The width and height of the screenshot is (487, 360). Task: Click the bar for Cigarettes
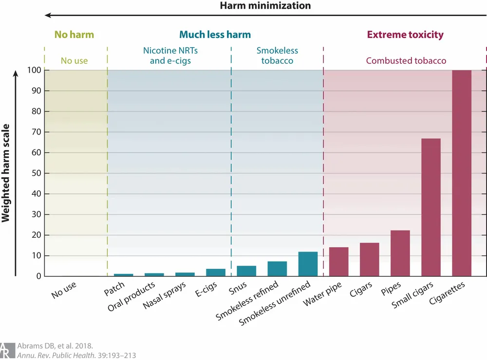(462, 173)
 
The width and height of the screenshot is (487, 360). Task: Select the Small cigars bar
(431, 208)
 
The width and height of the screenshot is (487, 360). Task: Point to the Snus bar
(246, 271)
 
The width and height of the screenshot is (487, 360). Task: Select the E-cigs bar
(216, 272)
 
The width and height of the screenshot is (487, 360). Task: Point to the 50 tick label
(36, 173)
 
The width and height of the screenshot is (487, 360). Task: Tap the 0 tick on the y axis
(38, 276)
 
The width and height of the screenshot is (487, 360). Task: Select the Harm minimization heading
(265, 6)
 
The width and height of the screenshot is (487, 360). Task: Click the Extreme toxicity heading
(405, 35)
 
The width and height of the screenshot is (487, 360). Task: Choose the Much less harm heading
(215, 35)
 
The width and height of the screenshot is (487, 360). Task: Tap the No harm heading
(74, 35)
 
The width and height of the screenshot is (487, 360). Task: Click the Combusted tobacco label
(406, 61)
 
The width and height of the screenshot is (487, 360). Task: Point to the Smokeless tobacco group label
(278, 56)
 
